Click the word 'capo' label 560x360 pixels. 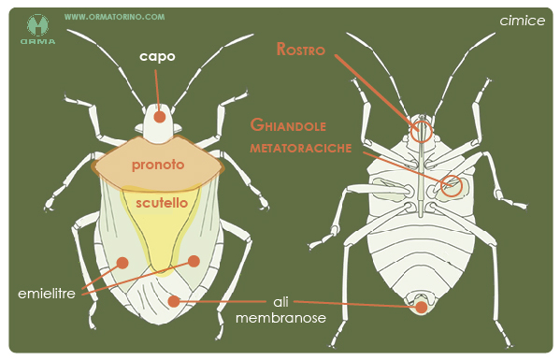click(157, 57)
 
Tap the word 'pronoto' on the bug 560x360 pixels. click(158, 165)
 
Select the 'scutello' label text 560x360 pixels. click(162, 203)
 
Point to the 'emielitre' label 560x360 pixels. click(47, 294)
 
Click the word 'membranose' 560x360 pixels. click(280, 318)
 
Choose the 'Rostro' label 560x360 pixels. click(301, 50)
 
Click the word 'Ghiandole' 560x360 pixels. click(288, 125)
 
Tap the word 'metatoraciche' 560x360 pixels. click(301, 148)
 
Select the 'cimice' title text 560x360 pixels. click(523, 21)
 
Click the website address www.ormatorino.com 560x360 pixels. click(115, 17)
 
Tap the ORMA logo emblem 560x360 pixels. click(37, 25)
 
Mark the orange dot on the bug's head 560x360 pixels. click(160, 117)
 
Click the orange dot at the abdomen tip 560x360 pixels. click(422, 307)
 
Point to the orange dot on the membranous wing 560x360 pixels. click(174, 301)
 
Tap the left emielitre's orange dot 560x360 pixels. click(122, 263)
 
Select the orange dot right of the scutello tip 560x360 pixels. click(194, 261)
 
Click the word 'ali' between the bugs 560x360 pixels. click(280, 302)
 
